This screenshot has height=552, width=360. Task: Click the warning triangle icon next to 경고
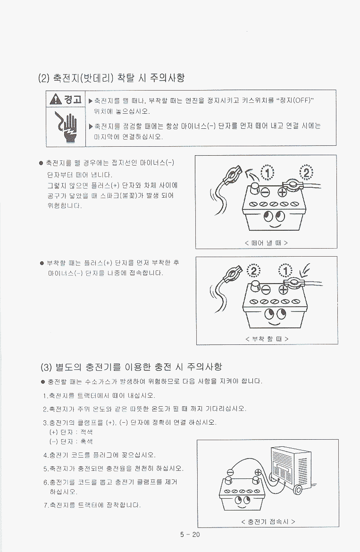click(x=56, y=100)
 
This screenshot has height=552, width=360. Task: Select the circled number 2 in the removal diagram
click(x=306, y=173)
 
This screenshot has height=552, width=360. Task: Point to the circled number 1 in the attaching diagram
click(x=285, y=271)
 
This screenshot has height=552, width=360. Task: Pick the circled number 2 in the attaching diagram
click(x=254, y=271)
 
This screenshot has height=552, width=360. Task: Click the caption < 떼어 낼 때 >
click(x=266, y=243)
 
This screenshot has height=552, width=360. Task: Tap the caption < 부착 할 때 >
click(x=267, y=339)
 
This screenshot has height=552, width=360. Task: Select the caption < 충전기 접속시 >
click(x=268, y=522)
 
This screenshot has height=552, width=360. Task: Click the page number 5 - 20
click(x=190, y=535)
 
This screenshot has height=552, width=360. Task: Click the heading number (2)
click(x=43, y=78)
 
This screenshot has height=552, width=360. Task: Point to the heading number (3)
click(x=46, y=368)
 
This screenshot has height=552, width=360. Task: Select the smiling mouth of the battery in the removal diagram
click(x=276, y=225)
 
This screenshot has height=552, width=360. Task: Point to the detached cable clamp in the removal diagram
click(x=232, y=174)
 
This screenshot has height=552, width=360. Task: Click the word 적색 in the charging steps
click(x=86, y=432)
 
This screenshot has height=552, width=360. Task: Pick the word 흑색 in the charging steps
click(x=86, y=442)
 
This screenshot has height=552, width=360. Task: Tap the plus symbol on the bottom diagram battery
click(x=258, y=472)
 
